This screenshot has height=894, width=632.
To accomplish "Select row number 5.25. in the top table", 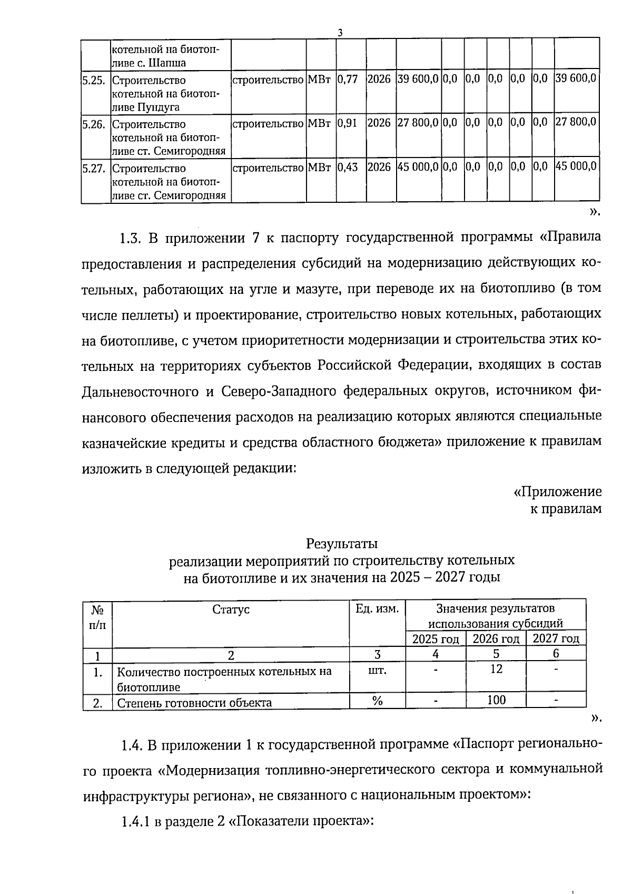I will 95,81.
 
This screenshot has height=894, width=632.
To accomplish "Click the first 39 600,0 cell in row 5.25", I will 418,79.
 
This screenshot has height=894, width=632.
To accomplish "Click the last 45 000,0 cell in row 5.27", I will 576,166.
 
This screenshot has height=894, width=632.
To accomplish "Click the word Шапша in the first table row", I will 169,63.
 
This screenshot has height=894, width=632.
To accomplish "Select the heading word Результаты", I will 342,543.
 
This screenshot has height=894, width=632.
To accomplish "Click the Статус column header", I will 231,610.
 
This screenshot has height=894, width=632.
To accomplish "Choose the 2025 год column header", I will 436,639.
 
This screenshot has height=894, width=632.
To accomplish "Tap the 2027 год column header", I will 556,639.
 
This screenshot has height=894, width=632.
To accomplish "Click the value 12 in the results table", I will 496,669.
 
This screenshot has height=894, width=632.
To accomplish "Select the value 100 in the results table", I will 496,700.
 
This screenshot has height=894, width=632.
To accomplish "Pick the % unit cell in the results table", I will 377,700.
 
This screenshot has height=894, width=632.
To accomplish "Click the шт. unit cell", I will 377,671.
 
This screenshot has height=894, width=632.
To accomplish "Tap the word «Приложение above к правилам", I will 557,492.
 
